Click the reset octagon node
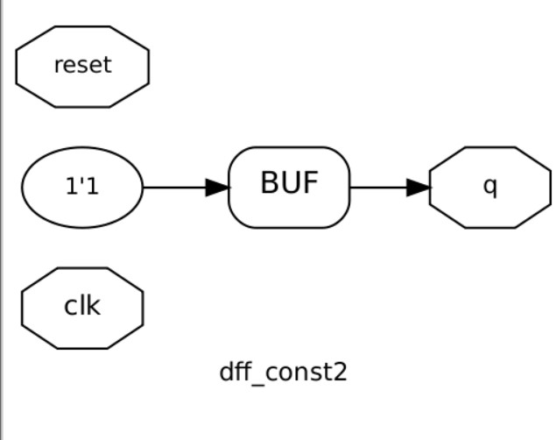click(82, 67)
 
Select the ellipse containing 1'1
click(82, 187)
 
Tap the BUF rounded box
click(289, 187)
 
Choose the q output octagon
click(490, 187)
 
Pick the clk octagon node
click(82, 308)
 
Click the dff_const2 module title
click(283, 372)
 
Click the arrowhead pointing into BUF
click(217, 187)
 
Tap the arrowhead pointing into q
click(419, 187)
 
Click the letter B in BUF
click(270, 183)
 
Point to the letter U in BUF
click(290, 183)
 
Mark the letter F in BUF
click(310, 183)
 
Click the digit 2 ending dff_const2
click(341, 372)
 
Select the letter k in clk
click(94, 306)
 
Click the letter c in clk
click(71, 308)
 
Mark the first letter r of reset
click(58, 67)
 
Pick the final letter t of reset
click(108, 66)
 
